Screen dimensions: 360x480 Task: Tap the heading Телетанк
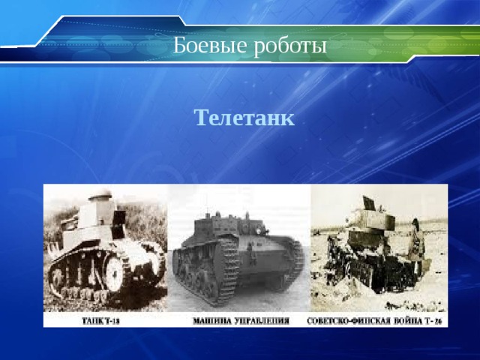pyautogui.click(x=244, y=118)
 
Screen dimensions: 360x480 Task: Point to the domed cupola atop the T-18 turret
pyautogui.click(x=100, y=196)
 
